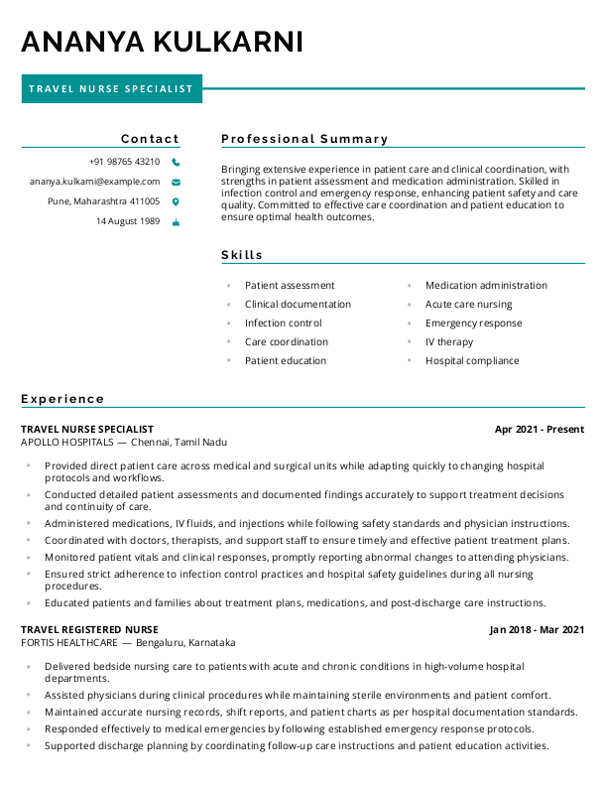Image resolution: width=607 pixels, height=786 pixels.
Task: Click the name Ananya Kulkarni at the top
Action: point(162,42)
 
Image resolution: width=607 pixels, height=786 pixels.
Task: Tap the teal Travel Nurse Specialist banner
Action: point(111,89)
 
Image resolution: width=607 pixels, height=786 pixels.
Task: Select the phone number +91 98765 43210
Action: point(124,162)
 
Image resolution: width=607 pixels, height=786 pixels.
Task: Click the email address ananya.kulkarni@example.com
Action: point(94,182)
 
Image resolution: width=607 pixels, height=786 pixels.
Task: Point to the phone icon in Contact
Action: point(176,162)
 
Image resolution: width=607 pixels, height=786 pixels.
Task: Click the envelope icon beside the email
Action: point(176,182)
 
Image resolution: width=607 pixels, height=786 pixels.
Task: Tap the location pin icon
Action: point(176,201)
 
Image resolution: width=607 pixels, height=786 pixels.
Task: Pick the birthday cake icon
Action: point(176,221)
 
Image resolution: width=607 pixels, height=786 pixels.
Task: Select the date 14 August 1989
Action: point(128,221)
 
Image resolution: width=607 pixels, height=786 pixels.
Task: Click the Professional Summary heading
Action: point(304,139)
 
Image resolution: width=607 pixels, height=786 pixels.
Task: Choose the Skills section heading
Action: point(242,255)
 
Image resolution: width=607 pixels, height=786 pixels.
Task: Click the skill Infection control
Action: point(283,324)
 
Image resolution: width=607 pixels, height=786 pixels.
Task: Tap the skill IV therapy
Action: point(449,342)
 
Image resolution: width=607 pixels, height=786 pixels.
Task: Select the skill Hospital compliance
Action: point(472,361)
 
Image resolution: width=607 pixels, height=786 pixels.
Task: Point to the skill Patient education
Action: point(285,361)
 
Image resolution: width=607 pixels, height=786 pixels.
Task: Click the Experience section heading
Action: point(62,399)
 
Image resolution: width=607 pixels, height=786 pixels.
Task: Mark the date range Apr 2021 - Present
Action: point(539,430)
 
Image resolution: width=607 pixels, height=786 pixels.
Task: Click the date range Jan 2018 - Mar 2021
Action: point(537,629)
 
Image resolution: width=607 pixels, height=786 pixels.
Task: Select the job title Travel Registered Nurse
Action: point(89,629)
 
